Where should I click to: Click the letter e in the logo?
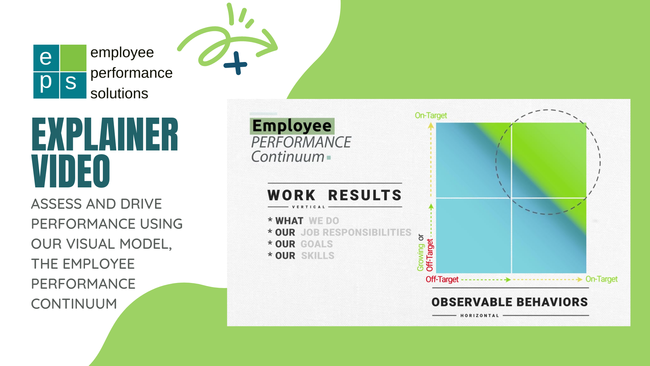pos(46,58)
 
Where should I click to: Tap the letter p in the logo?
pos(46,83)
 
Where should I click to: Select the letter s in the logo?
pos(71,83)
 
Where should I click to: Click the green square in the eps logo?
pos(73,58)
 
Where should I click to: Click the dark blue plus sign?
pos(236,63)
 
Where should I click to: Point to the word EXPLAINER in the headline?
pos(105,135)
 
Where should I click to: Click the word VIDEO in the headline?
pos(71,171)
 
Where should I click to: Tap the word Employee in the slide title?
pos(292,126)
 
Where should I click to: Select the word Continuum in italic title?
pos(288,157)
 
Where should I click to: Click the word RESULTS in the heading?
pos(365,196)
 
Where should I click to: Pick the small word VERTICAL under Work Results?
pos(308,207)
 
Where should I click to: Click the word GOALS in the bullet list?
pos(317,244)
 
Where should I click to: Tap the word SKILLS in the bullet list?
pos(318,256)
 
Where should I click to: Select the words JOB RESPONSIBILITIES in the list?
pos(356,232)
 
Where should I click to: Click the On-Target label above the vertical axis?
pos(431,116)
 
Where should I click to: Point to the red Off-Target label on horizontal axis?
pos(442,280)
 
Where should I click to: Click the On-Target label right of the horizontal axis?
pos(601,279)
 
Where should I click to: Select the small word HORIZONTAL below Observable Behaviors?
pos(479,316)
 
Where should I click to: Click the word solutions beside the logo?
pos(119,94)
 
